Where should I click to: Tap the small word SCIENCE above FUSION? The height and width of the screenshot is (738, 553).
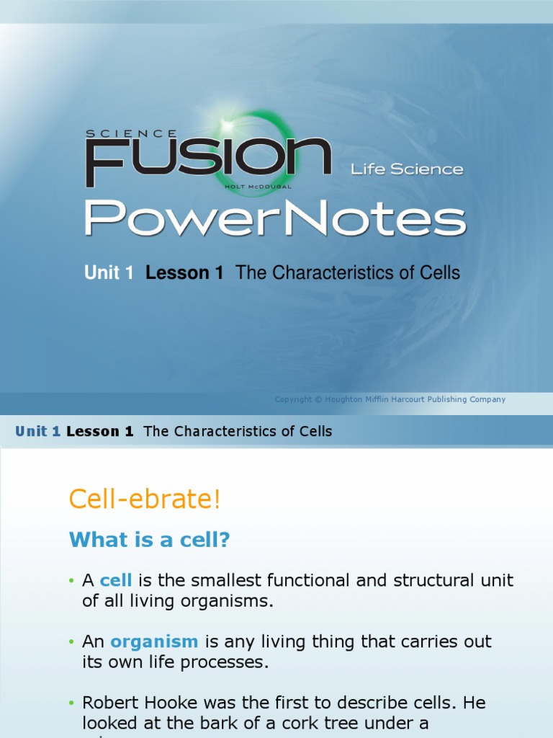click(132, 133)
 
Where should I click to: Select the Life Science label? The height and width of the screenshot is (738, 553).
click(407, 169)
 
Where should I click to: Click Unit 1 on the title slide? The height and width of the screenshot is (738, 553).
click(109, 273)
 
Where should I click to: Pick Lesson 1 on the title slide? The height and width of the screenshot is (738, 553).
click(184, 273)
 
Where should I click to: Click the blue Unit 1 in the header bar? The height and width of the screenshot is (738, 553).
click(37, 432)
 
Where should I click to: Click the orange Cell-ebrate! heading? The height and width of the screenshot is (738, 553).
click(145, 499)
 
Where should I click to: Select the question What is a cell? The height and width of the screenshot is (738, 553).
click(149, 540)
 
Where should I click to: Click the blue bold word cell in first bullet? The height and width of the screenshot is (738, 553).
click(115, 580)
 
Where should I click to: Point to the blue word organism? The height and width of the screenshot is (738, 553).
click(154, 641)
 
